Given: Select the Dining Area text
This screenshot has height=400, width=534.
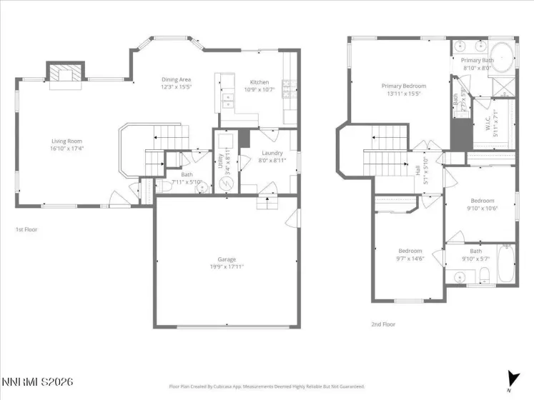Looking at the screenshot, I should point(174,83).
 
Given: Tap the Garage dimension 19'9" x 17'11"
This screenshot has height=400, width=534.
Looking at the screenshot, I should point(227,266).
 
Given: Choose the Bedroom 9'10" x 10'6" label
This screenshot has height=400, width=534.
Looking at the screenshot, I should point(482,204).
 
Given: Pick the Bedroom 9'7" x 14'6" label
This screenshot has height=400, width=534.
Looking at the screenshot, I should point(410,254).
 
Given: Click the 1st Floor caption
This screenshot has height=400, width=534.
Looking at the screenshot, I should point(26,230).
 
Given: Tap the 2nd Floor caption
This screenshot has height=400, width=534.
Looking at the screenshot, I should point(383,324).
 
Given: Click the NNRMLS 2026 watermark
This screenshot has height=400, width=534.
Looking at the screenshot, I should point(37,383).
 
